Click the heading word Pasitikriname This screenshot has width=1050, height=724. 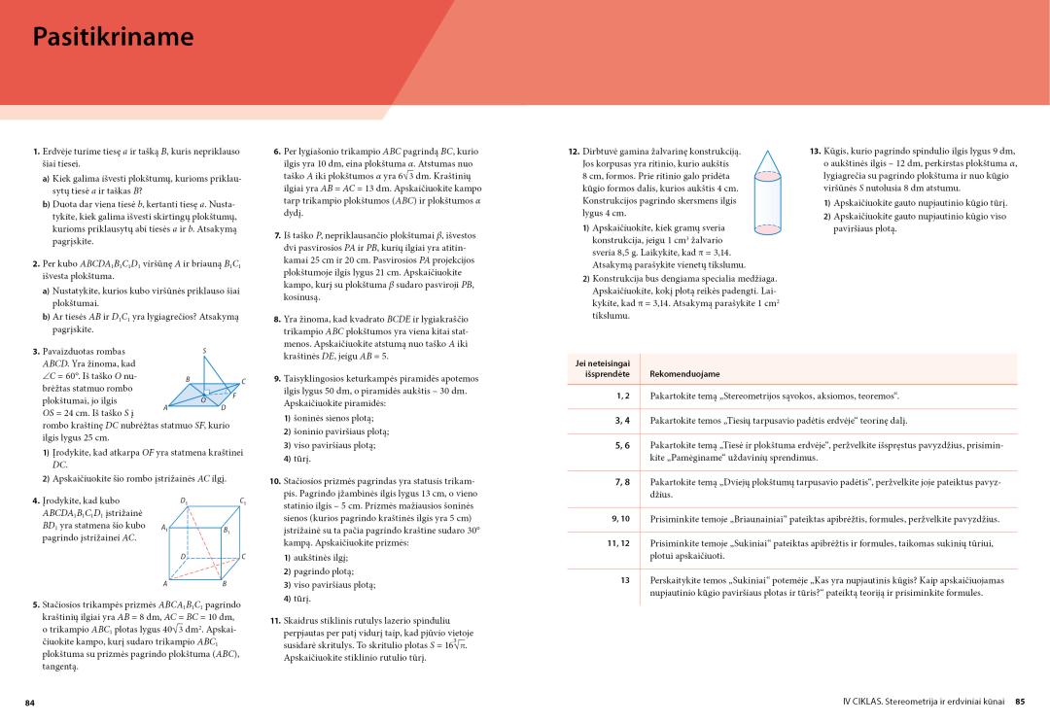(x=113, y=37)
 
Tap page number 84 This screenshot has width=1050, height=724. (x=30, y=702)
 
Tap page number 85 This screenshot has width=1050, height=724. (x=1020, y=702)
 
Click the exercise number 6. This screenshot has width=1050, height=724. (x=278, y=152)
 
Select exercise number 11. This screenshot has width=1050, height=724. (x=274, y=620)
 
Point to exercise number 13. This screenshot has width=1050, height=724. (x=815, y=152)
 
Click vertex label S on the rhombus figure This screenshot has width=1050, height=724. (x=204, y=350)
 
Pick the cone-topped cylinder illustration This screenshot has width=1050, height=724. (x=765, y=194)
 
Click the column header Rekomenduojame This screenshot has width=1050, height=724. (x=684, y=373)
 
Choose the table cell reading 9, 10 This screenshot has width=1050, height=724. (x=621, y=519)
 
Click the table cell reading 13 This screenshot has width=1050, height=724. (x=625, y=580)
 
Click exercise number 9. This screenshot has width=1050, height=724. (x=277, y=378)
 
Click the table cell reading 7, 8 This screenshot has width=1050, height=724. (x=623, y=482)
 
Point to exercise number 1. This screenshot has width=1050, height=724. (x=35, y=152)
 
